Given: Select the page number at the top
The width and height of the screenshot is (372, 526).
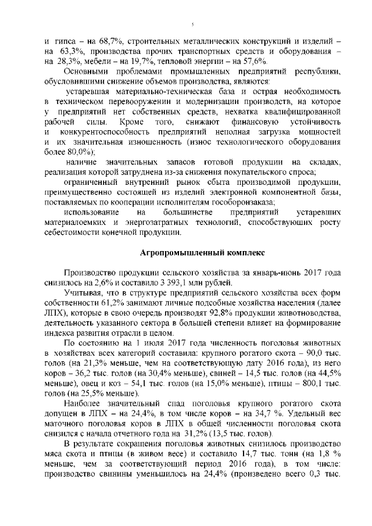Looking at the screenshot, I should [x=192, y=24].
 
